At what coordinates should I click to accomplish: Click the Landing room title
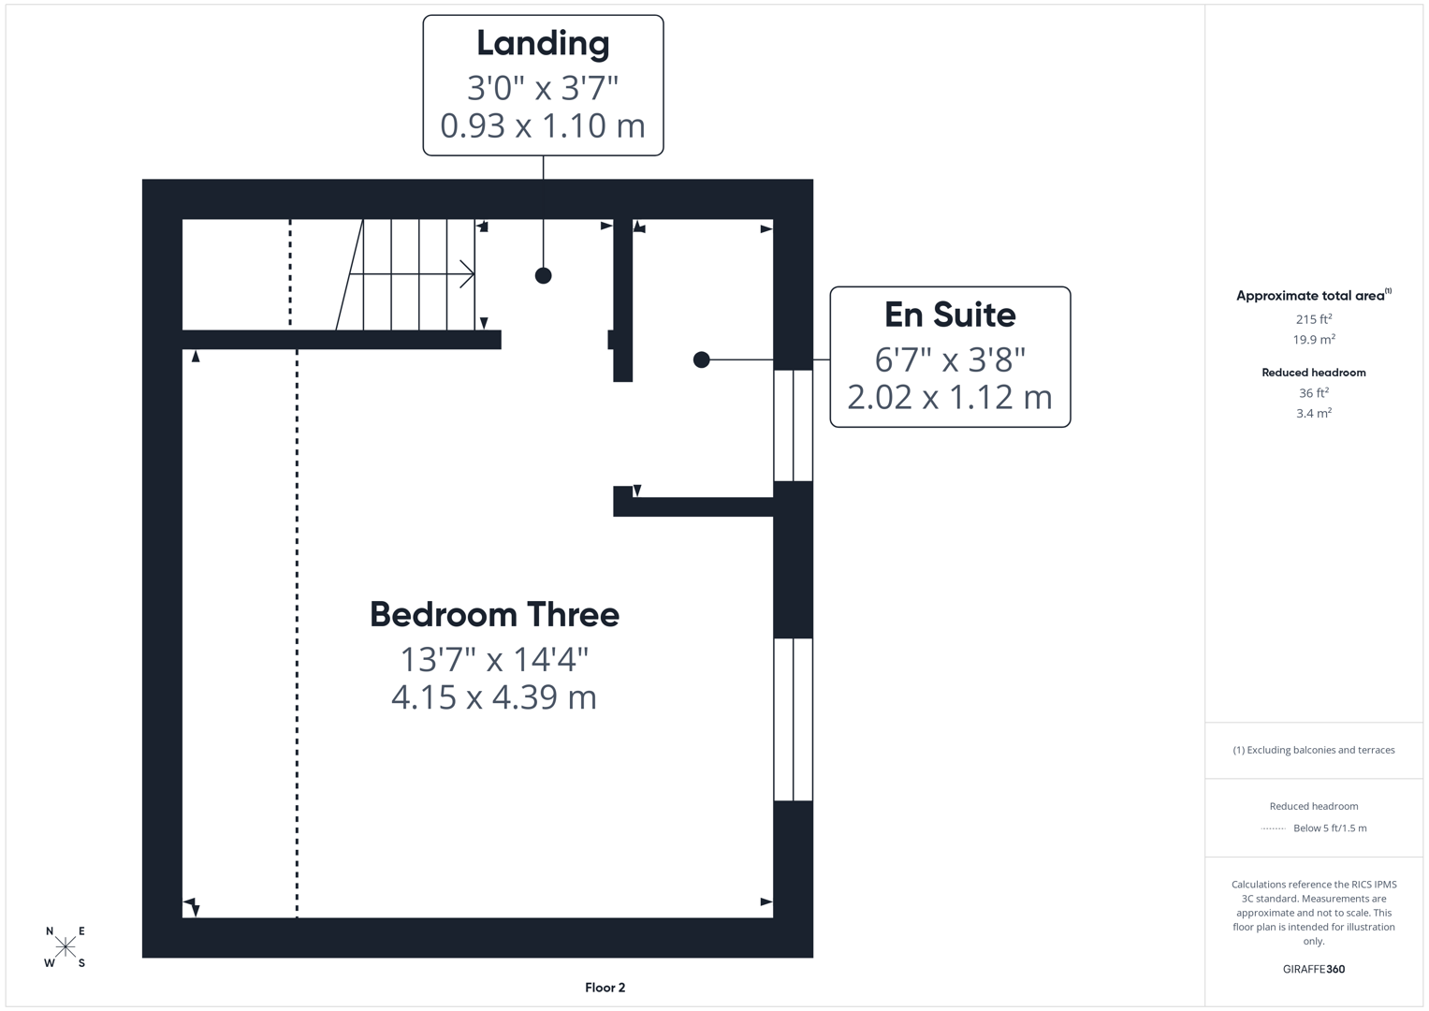click(543, 43)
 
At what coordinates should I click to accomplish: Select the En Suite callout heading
click(950, 315)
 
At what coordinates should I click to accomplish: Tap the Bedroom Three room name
click(494, 615)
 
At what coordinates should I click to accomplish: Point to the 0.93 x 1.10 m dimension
click(543, 125)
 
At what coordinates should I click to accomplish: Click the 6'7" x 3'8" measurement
click(950, 359)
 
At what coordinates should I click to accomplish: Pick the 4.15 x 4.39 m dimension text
click(494, 697)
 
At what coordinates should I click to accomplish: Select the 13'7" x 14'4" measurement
click(494, 660)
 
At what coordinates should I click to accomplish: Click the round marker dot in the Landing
click(543, 275)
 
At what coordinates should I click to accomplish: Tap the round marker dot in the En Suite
click(701, 359)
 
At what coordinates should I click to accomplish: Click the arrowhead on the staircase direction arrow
click(468, 274)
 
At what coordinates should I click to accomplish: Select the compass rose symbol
click(66, 946)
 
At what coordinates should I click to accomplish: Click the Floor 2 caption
click(605, 988)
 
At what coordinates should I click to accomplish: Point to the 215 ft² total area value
click(1313, 319)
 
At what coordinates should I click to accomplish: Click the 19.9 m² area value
click(1313, 340)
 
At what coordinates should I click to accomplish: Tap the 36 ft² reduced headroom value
click(1313, 393)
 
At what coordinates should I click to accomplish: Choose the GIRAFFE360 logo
click(1313, 969)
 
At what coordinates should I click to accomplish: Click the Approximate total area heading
click(1313, 296)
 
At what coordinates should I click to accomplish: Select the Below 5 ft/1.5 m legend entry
click(1329, 828)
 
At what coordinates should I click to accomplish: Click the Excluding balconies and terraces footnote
click(1313, 750)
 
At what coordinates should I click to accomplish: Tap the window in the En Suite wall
click(793, 425)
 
